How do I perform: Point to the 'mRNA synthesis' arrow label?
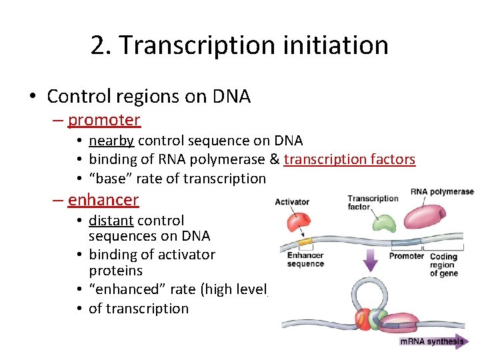(x=432, y=342)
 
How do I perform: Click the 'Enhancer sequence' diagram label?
(x=305, y=259)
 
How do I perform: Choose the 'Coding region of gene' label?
(x=443, y=265)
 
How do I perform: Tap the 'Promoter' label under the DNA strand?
(x=406, y=256)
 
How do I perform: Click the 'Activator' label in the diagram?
(x=292, y=202)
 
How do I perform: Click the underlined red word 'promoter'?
(x=104, y=120)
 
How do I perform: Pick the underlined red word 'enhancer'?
(x=103, y=199)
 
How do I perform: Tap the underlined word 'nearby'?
(x=111, y=141)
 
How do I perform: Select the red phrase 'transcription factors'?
(x=349, y=159)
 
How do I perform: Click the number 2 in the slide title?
(x=99, y=45)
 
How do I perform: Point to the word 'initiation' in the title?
(x=339, y=45)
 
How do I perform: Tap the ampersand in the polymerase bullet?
(x=275, y=159)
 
